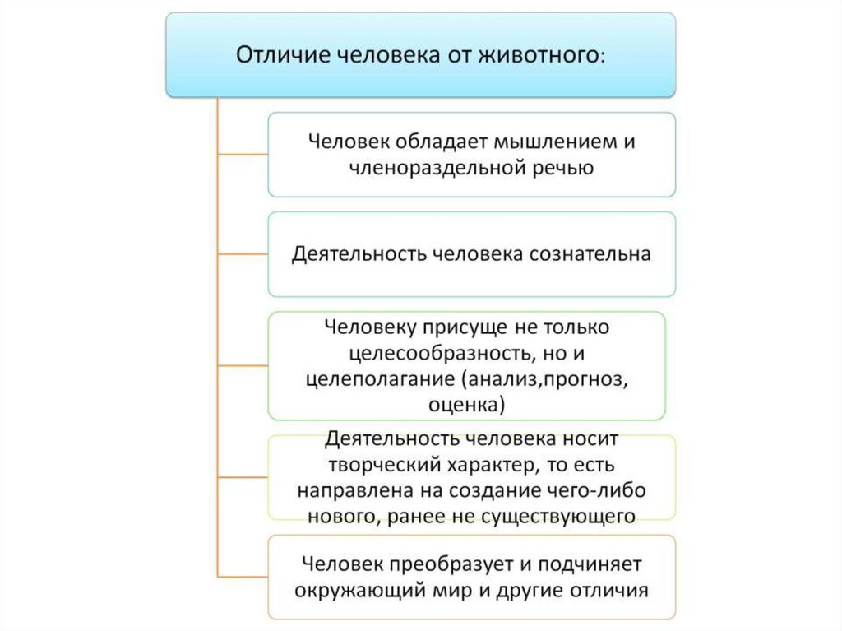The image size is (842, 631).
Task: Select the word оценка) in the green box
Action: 467,405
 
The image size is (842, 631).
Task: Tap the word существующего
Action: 562,516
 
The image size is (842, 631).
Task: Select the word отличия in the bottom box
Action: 612,590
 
